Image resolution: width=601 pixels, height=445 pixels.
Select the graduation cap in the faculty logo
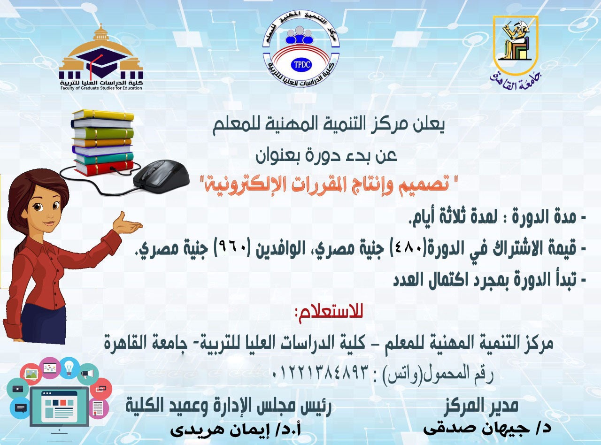[101, 61]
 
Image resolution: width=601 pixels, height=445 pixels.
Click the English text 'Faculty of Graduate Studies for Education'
[101, 88]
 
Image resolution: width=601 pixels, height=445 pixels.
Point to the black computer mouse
[161, 176]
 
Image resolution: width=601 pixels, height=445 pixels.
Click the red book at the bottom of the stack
[105, 167]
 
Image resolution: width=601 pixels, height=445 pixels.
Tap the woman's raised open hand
[127, 224]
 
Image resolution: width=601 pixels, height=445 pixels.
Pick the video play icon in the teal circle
[18, 389]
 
